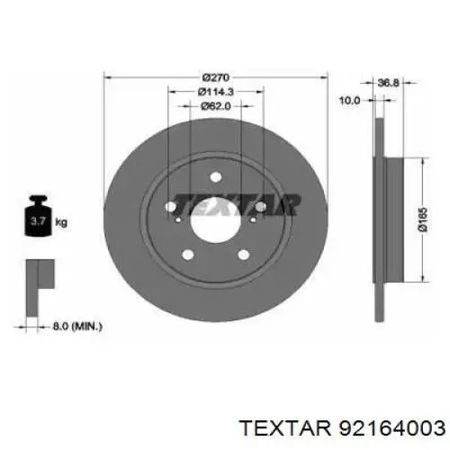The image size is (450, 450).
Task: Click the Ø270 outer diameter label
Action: coord(216,77)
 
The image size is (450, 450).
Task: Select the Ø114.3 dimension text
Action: coord(215,92)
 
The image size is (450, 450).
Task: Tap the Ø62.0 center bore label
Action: coord(216,106)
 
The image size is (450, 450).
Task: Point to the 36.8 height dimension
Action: coord(388,83)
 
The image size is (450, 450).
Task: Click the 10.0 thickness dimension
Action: coord(349,100)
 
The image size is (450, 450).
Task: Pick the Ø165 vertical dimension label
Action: coord(422,220)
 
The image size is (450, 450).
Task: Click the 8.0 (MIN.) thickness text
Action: coord(77,326)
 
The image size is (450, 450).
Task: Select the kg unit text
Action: coord(61,222)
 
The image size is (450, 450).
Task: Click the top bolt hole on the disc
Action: coord(216,177)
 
